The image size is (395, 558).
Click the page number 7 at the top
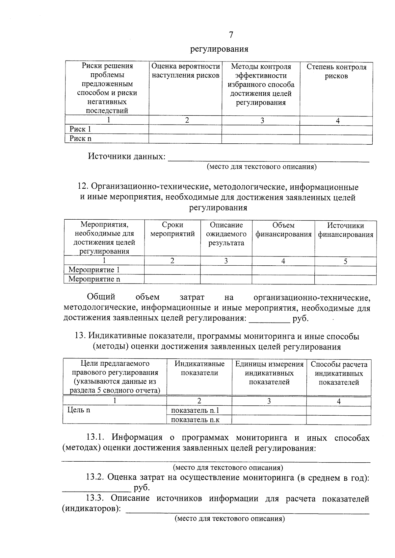[x=231, y=35]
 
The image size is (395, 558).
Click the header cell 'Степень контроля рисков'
[x=336, y=71]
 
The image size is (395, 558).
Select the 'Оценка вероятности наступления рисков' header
[x=186, y=71]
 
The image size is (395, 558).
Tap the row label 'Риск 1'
[x=80, y=129]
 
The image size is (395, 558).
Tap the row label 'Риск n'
[x=80, y=138]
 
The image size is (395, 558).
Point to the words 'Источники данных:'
[x=127, y=156]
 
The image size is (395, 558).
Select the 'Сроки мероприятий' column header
[x=172, y=230]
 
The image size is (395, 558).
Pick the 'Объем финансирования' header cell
[x=283, y=230]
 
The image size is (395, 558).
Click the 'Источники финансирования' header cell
[x=346, y=230]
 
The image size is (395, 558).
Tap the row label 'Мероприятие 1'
[x=94, y=270]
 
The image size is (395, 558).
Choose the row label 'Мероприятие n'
[x=94, y=279]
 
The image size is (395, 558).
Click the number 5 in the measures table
[x=345, y=261]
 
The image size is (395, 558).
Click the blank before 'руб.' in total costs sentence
[x=269, y=319]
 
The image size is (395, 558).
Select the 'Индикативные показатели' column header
[x=199, y=368]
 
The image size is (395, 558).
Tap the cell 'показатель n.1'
[x=195, y=410]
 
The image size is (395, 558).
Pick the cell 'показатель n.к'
[x=195, y=420]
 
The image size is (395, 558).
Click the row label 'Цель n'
[x=79, y=410]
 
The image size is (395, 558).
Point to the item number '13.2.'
[x=95, y=478]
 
